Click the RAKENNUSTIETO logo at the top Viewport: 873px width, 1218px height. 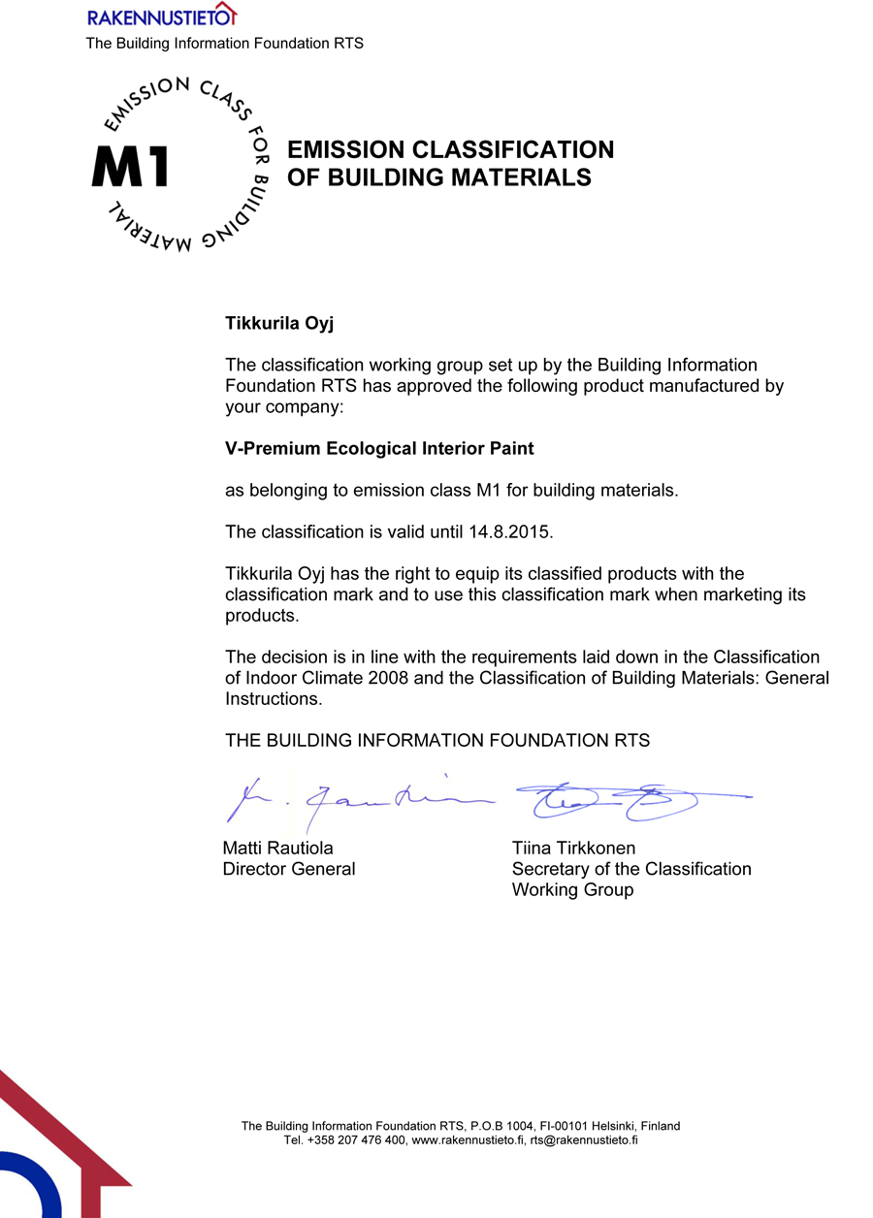tap(161, 16)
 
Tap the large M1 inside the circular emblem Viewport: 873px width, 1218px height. tap(130, 166)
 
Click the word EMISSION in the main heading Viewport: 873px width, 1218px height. tap(345, 150)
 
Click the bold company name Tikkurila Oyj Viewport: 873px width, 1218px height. tap(279, 323)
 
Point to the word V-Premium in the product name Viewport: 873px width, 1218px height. tap(271, 449)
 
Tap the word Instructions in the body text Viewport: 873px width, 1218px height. tap(272, 698)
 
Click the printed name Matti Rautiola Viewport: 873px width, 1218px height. tap(278, 849)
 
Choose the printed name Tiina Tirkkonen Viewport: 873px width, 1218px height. tap(573, 849)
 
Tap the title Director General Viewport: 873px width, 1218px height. tap(289, 869)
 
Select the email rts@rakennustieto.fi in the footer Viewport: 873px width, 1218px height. tap(583, 1140)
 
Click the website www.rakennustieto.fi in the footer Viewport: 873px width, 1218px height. tap(469, 1140)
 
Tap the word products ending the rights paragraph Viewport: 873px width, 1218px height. tap(260, 616)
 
